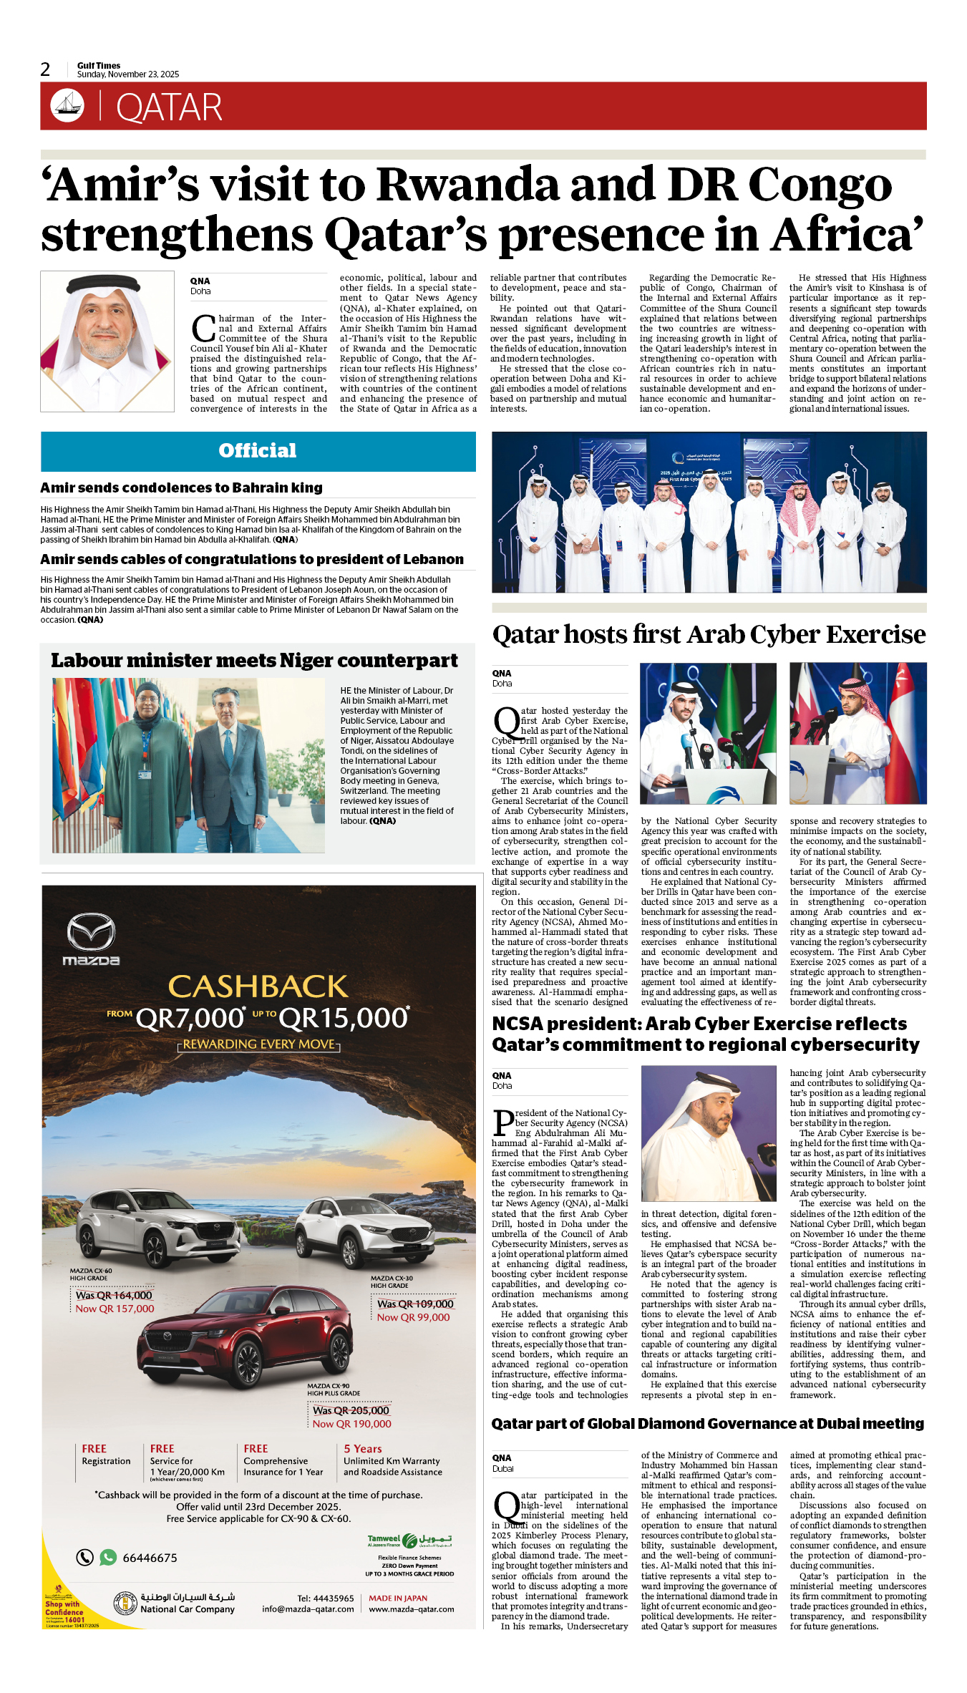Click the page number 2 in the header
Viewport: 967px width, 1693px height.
(x=45, y=69)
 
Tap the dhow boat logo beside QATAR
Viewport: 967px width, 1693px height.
(x=67, y=105)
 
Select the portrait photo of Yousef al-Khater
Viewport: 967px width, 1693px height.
(x=107, y=341)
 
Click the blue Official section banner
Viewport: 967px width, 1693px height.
(x=258, y=451)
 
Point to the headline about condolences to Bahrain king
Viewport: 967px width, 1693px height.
(x=181, y=487)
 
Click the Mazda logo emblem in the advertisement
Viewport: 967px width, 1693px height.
(x=91, y=933)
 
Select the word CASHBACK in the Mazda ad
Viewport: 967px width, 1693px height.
(x=258, y=986)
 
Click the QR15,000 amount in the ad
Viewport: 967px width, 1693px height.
(x=344, y=1018)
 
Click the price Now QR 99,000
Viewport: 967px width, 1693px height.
(x=413, y=1317)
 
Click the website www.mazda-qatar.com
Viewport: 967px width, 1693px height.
(x=412, y=1609)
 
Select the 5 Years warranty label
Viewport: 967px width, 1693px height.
(x=363, y=1448)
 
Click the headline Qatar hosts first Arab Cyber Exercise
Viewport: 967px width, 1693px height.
(x=709, y=634)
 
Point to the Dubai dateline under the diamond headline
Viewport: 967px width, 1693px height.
(x=502, y=1468)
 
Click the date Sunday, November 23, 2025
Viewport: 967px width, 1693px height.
(x=128, y=74)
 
